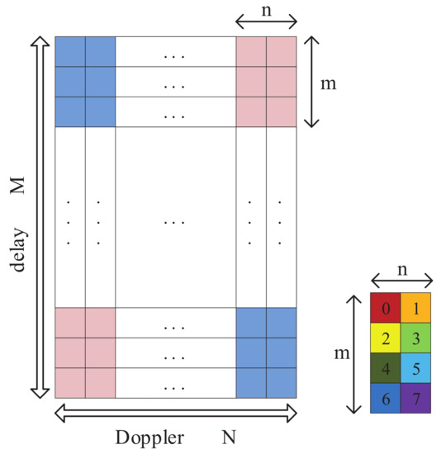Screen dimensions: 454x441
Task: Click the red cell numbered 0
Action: click(386, 307)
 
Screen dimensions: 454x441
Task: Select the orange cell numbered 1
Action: click(415, 307)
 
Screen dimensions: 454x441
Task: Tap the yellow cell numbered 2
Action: click(386, 338)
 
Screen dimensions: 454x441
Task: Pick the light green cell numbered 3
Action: click(415, 338)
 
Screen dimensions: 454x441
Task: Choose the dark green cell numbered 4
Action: click(386, 368)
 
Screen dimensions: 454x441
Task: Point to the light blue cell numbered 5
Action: click(415, 368)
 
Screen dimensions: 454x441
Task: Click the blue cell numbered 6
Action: click(386, 398)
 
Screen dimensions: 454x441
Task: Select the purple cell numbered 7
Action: click(415, 398)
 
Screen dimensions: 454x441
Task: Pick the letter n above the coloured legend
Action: click(401, 269)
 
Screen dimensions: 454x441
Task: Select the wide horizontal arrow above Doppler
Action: click(175, 410)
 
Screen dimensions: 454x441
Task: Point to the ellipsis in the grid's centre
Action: click(175, 222)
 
